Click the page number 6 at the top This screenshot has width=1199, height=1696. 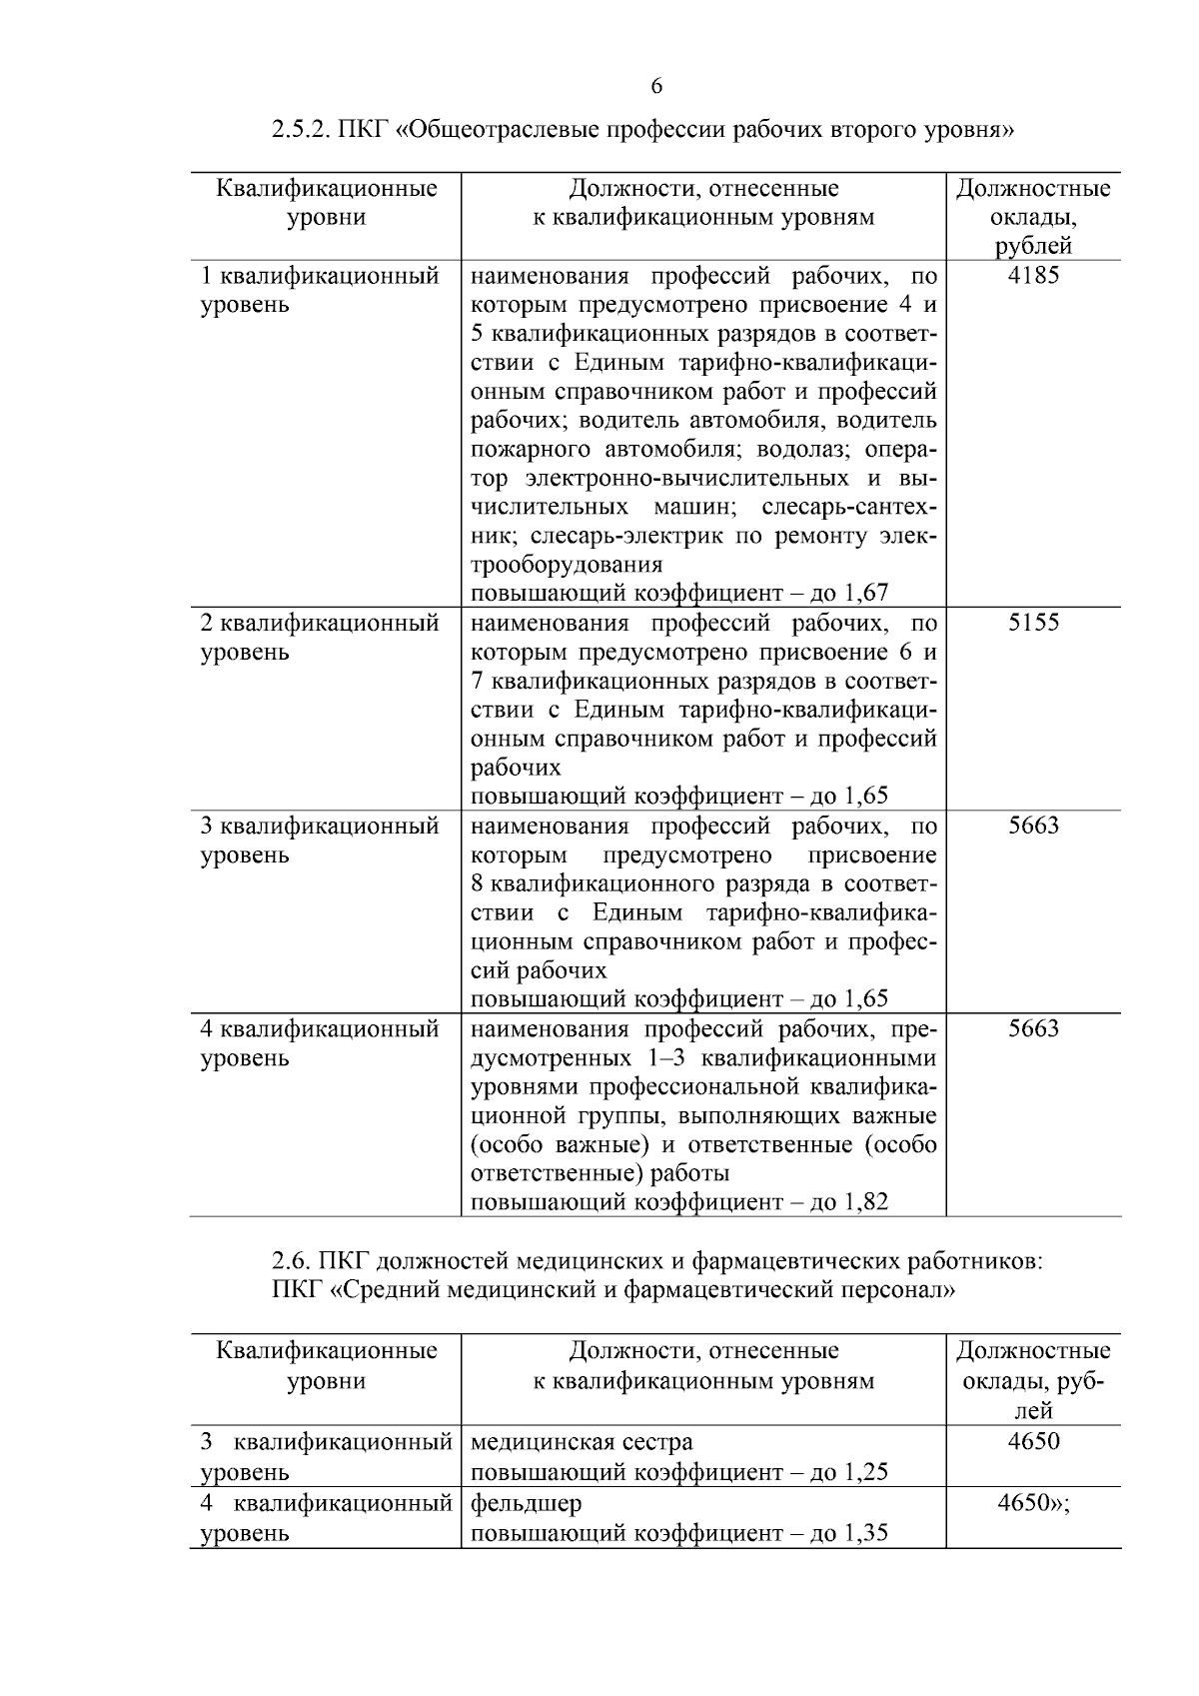[656, 86]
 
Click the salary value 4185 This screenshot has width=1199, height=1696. [1033, 275]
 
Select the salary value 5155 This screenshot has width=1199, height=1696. [1033, 623]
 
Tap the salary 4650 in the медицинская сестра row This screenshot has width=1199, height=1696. [1033, 1441]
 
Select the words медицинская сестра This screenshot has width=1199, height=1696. [581, 1441]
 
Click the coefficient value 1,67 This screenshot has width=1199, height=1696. [865, 594]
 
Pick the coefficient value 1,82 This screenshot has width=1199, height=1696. [865, 1202]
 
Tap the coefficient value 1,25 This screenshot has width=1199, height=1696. [865, 1472]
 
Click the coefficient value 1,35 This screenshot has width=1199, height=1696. [865, 1534]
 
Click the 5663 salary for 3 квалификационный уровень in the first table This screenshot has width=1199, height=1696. [1033, 826]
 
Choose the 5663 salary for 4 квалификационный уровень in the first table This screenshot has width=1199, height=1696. [1033, 1028]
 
